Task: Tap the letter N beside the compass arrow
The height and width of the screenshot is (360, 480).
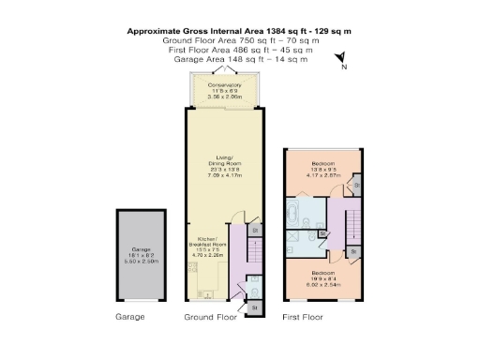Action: [x=345, y=68]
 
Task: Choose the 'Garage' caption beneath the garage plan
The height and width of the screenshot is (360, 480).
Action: [x=130, y=318]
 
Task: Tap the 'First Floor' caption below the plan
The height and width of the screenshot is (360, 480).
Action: [x=303, y=318]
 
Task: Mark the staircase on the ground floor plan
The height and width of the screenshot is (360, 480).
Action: [x=251, y=254]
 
